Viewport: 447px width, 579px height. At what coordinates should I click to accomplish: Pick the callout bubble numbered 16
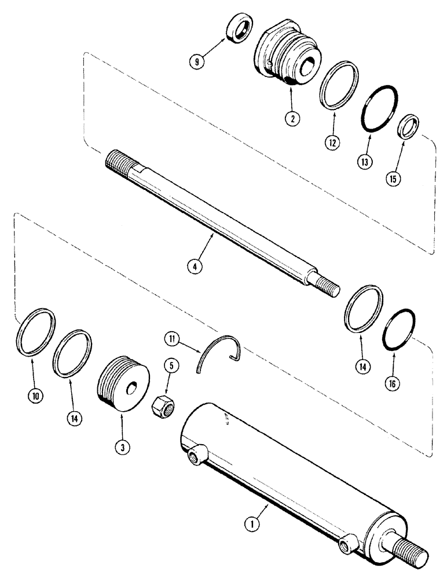394,383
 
